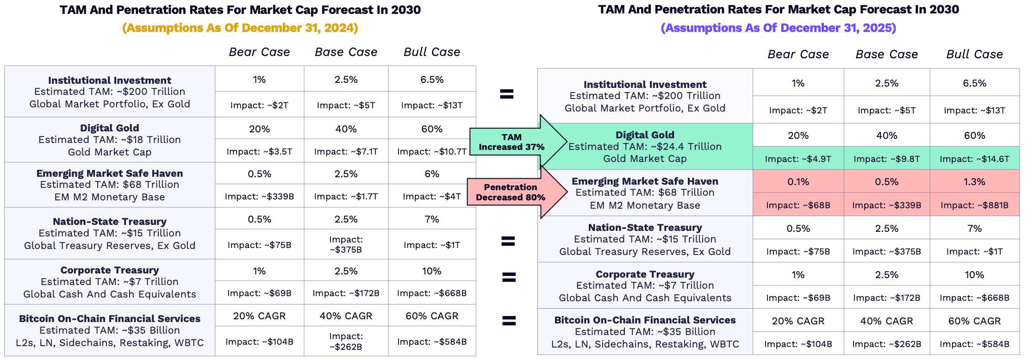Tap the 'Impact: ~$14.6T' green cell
[974, 159]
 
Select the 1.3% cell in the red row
[974, 182]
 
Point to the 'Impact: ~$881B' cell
[974, 205]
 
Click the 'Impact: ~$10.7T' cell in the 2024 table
[432, 151]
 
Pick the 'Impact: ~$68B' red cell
[798, 205]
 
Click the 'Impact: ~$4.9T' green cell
[798, 159]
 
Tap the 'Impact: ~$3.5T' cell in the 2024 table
[259, 151]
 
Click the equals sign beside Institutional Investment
[507, 94]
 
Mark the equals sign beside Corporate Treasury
[509, 277]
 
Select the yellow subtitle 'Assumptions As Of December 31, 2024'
[240, 28]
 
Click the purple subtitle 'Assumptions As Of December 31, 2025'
[779, 28]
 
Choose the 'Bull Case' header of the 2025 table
[974, 54]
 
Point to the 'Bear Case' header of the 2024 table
[259, 52]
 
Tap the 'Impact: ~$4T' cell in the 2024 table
[432, 196]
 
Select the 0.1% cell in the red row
[798, 182]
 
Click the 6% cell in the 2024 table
[432, 174]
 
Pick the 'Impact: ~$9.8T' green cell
[886, 159]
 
